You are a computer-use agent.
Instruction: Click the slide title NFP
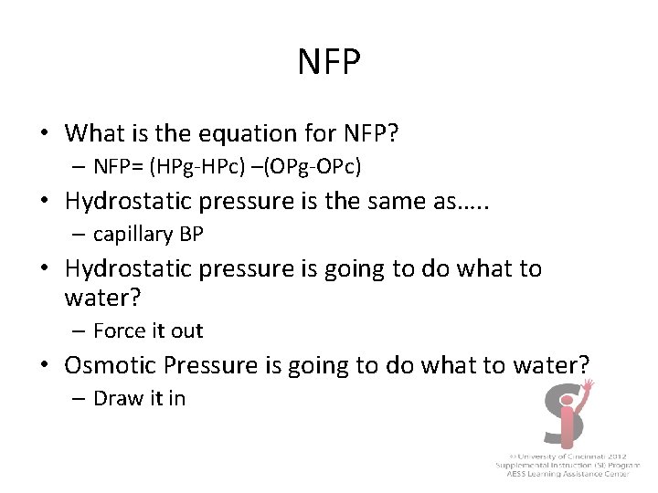(329, 63)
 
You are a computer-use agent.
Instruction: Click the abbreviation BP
(191, 234)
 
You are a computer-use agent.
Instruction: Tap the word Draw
(114, 398)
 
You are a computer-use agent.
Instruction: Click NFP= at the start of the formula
(118, 168)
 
